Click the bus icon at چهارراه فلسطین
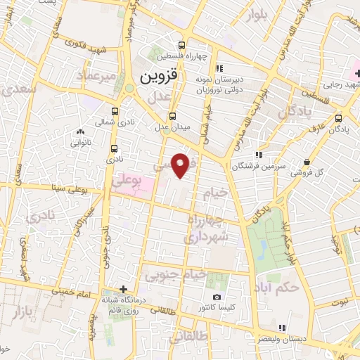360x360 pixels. (x=184, y=43)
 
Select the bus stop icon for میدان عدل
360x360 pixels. (x=172, y=116)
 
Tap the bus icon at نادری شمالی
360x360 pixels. (x=115, y=110)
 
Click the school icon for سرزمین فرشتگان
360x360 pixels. (x=259, y=154)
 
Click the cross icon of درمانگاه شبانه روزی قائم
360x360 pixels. (x=123, y=289)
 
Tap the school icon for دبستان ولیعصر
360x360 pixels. (x=283, y=327)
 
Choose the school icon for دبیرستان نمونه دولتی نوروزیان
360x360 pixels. (x=219, y=68)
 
